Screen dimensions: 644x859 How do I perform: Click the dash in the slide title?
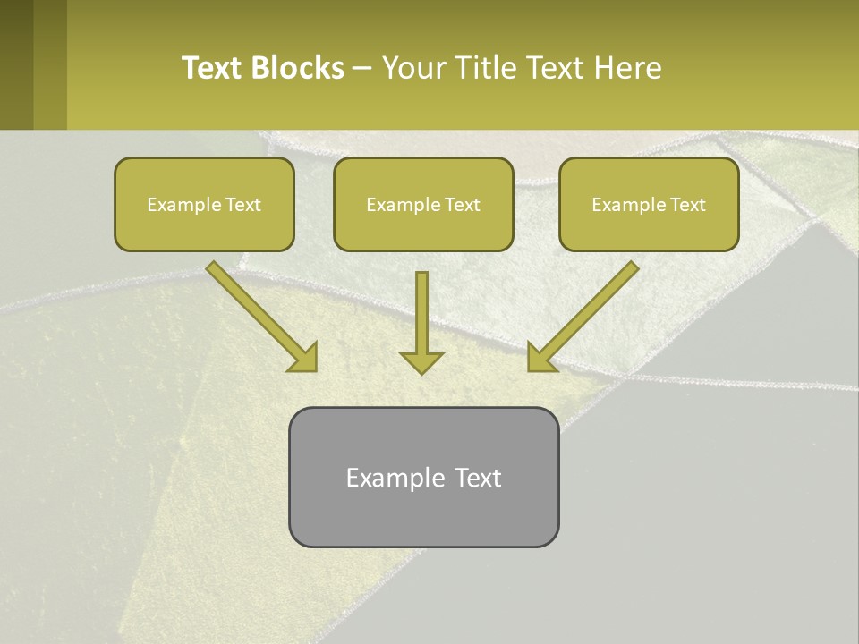coord(362,69)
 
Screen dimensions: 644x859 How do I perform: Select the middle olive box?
coord(423,231)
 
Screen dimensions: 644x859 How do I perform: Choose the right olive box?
coord(649,231)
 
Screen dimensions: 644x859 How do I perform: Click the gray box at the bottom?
coord(423,519)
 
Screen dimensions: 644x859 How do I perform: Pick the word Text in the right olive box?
coord(688,205)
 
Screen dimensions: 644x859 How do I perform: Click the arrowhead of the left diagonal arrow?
coord(304,357)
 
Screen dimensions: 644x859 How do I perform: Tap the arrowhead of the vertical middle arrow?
coord(421,362)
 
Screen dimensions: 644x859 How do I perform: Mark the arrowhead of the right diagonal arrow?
coord(540,357)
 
